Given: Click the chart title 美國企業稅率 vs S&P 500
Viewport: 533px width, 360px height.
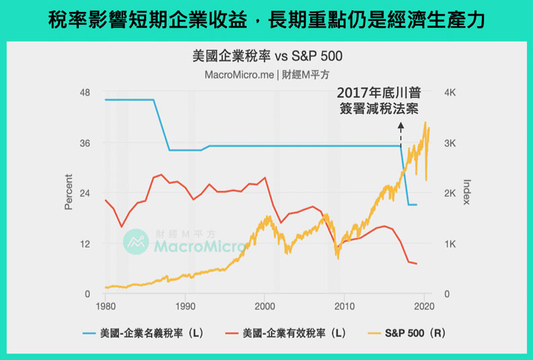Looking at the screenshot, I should [267, 57].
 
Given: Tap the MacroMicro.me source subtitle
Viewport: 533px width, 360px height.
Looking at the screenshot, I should [267, 75].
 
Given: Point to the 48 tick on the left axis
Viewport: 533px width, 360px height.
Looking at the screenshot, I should [85, 92].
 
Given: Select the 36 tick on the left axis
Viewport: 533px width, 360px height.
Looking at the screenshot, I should [85, 143].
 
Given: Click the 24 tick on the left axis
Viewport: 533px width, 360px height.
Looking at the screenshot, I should [85, 193].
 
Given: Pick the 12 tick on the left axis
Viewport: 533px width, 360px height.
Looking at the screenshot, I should [85, 244].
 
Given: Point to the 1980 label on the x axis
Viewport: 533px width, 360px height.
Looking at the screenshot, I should [105, 307].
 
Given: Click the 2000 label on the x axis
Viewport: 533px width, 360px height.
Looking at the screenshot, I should [264, 307].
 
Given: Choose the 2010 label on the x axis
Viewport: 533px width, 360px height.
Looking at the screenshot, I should [344, 307].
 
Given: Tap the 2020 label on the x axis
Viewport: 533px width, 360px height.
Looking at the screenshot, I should [424, 307].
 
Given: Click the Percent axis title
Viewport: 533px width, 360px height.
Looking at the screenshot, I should [69, 192].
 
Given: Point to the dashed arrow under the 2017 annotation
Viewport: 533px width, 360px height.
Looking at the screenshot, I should [401, 133].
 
